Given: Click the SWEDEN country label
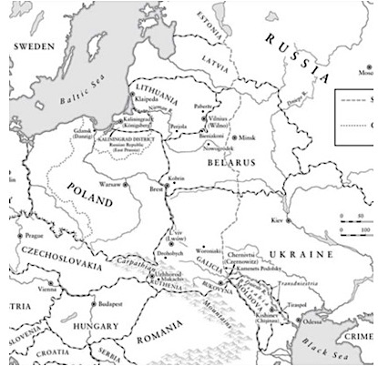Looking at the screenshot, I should click(35, 45).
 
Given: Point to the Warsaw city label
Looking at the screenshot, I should click(108, 184).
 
